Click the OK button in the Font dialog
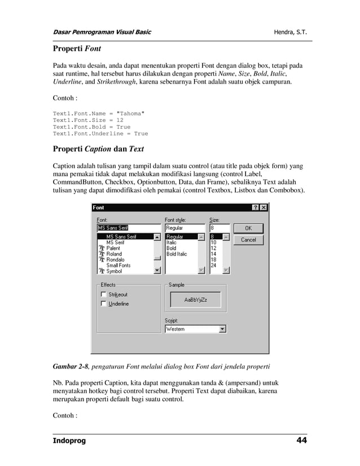pyautogui.click(x=248, y=228)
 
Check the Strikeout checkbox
pyautogui.click(x=103, y=294)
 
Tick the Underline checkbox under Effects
pyautogui.click(x=103, y=304)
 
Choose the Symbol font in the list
pyautogui.click(x=115, y=271)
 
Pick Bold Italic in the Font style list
pyautogui.click(x=177, y=254)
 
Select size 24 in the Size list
pyautogui.click(x=214, y=265)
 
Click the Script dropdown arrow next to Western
pyautogui.click(x=222, y=329)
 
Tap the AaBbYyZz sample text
pyautogui.click(x=195, y=300)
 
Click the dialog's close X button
pyautogui.click(x=263, y=208)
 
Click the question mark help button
pyautogui.click(x=255, y=208)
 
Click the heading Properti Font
pyautogui.click(x=77, y=49)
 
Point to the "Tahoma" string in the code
pyautogui.click(x=130, y=113)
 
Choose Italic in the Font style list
pyautogui.click(x=171, y=243)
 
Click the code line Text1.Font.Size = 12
pyautogui.click(x=88, y=120)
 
